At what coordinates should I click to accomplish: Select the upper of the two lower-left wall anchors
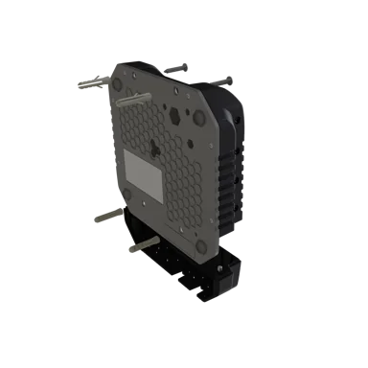[x=107, y=218]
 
